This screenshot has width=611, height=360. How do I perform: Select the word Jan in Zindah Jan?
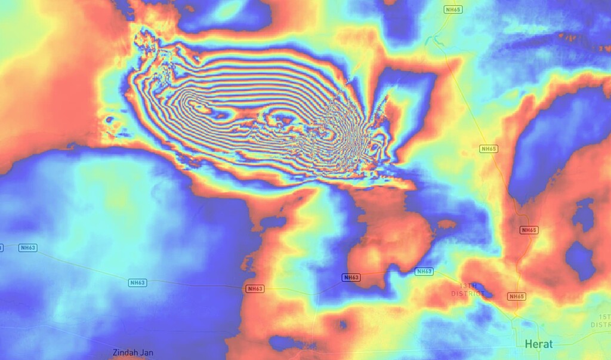click(147, 352)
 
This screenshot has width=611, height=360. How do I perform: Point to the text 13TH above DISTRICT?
click(468, 286)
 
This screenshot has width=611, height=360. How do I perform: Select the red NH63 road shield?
click(254, 289)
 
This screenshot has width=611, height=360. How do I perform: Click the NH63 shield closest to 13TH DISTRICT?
click(424, 272)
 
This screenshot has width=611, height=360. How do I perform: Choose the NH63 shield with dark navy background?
click(351, 278)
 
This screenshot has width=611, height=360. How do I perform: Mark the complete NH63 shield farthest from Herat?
click(27, 248)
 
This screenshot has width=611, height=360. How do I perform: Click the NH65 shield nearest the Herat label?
click(517, 297)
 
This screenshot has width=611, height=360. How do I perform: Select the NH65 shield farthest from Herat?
click(453, 9)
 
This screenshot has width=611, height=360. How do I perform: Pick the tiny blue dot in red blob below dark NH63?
click(342, 325)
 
